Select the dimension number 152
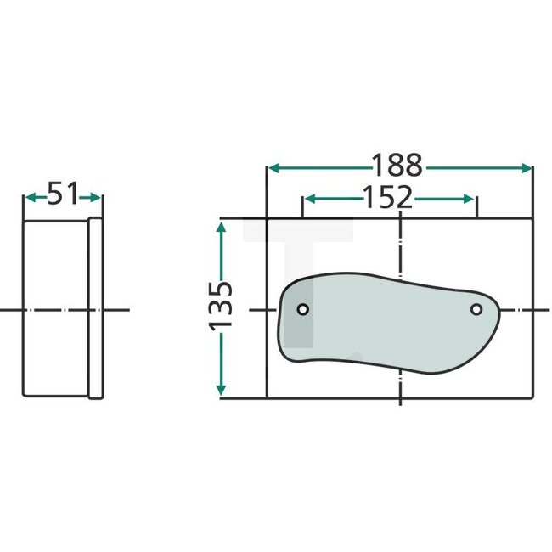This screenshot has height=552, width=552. point(388,198)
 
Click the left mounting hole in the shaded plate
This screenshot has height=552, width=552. point(302,309)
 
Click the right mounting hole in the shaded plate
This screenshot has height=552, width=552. point(476,308)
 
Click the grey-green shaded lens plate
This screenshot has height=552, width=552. point(382,323)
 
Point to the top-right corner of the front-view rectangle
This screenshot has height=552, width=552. point(532,219)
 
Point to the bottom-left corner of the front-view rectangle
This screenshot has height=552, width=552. point(268,398)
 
